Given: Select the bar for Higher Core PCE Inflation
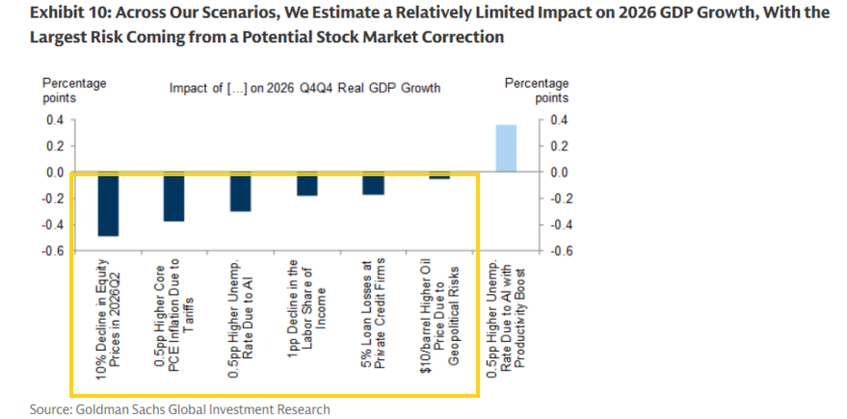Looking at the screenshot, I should pyautogui.click(x=173, y=197).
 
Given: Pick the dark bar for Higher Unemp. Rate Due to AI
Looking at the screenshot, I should pyautogui.click(x=240, y=192).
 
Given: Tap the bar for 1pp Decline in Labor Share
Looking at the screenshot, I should pyautogui.click(x=306, y=184).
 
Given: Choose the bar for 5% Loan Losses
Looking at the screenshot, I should pyautogui.click(x=373, y=183).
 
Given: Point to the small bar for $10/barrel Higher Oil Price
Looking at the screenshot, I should pyautogui.click(x=439, y=176).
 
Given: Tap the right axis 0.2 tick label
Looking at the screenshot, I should pyautogui.click(x=560, y=146).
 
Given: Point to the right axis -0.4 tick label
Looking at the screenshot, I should pyautogui.click(x=558, y=225).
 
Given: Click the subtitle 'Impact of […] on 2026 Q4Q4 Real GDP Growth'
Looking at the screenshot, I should pyautogui.click(x=304, y=88).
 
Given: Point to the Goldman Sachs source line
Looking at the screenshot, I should pyautogui.click(x=180, y=409).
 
